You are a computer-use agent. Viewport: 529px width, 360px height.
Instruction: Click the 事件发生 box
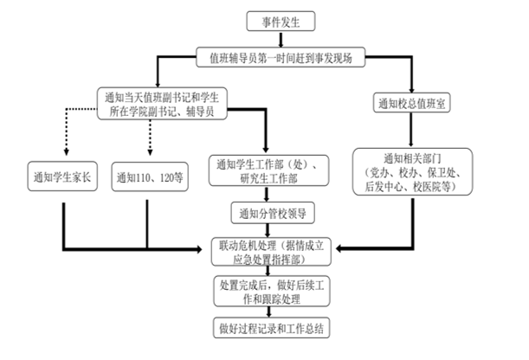click(x=281, y=22)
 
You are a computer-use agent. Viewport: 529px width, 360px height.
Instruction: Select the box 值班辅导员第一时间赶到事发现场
click(x=281, y=57)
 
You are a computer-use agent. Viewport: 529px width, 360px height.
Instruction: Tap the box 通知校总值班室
click(x=411, y=103)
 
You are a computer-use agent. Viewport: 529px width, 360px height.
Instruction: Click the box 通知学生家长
click(x=62, y=177)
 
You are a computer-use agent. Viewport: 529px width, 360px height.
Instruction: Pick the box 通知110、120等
click(x=150, y=177)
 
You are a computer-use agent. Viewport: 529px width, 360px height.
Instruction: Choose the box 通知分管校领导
click(x=273, y=213)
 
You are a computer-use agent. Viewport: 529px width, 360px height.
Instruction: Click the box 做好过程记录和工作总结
click(x=271, y=328)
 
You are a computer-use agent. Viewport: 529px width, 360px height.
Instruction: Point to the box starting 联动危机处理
click(x=271, y=252)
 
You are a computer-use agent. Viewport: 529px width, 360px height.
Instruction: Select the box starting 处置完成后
click(x=272, y=292)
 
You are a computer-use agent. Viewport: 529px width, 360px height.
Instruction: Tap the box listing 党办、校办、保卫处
click(x=413, y=171)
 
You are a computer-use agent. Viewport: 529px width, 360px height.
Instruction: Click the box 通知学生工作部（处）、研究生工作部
click(x=268, y=170)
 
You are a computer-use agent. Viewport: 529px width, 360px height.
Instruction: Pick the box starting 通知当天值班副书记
click(x=162, y=104)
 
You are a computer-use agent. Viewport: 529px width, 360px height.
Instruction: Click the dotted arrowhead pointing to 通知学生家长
click(x=67, y=151)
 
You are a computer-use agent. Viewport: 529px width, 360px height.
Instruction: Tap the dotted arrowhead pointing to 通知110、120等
click(x=150, y=151)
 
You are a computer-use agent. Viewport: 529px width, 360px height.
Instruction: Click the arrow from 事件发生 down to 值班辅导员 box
click(x=281, y=39)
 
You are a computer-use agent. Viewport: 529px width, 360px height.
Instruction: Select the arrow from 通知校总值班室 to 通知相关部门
click(x=411, y=130)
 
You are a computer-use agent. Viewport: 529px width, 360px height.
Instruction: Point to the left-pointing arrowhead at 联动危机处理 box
click(x=339, y=248)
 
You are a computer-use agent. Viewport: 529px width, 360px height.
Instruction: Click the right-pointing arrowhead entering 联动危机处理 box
click(x=198, y=249)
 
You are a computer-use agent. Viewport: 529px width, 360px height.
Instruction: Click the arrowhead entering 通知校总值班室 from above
click(x=411, y=89)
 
